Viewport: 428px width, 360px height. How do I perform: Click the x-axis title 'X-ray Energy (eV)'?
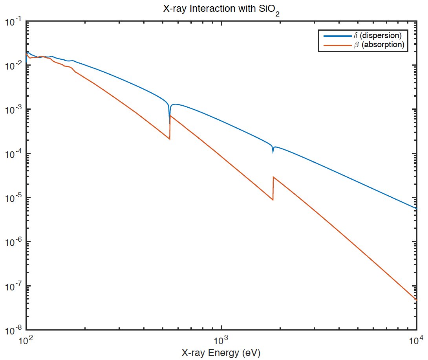[221, 353]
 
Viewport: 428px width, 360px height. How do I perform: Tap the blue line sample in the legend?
[337, 36]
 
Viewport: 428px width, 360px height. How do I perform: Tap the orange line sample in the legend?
[337, 45]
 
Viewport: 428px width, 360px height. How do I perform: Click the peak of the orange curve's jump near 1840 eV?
[273, 177]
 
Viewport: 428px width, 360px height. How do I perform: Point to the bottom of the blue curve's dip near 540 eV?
[170, 123]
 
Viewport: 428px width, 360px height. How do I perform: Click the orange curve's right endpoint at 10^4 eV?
[416, 300]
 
